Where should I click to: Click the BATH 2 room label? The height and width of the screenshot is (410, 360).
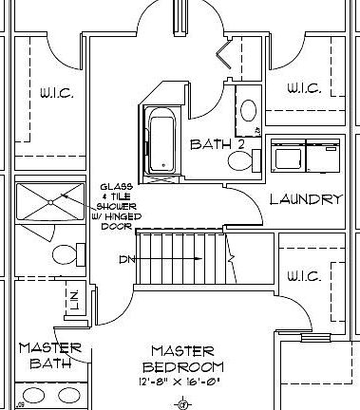click(x=217, y=144)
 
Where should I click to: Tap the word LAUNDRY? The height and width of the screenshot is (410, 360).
click(x=305, y=199)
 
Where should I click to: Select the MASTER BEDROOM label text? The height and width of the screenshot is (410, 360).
click(x=183, y=359)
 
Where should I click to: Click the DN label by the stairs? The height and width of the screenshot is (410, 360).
click(x=128, y=259)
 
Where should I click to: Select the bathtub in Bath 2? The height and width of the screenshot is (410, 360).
click(x=163, y=142)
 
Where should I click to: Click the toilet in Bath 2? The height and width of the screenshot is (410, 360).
click(x=241, y=160)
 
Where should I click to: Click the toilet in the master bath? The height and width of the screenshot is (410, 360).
click(x=65, y=255)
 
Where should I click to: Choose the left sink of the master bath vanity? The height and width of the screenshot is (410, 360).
click(x=33, y=396)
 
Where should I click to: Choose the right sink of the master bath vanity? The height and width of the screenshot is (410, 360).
click(x=68, y=396)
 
